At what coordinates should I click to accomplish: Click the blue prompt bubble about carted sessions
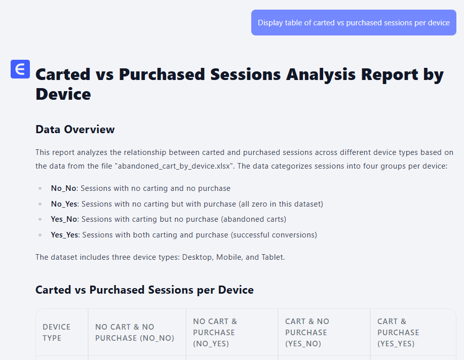point(354,22)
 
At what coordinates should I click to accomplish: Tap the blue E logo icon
point(20,69)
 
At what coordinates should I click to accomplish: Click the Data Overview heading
point(75,130)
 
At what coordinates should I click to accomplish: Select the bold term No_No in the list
point(64,188)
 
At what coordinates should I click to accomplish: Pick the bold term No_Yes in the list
point(64,204)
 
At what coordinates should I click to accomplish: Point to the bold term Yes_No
point(64,219)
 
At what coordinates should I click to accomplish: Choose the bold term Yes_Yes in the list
point(65,235)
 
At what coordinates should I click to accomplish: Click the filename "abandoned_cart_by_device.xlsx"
point(174,166)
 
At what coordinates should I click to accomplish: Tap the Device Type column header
point(57,333)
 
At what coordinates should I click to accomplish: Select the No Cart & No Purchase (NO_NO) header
point(135,333)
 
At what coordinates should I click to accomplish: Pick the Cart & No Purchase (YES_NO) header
point(307,333)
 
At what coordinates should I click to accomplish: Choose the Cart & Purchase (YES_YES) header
point(398,333)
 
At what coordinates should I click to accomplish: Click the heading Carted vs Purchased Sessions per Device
point(144,290)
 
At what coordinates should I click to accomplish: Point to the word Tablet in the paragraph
point(272,257)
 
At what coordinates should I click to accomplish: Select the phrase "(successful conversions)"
point(274,235)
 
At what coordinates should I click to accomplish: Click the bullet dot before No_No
point(40,188)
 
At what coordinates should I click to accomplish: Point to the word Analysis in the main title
point(321,74)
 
